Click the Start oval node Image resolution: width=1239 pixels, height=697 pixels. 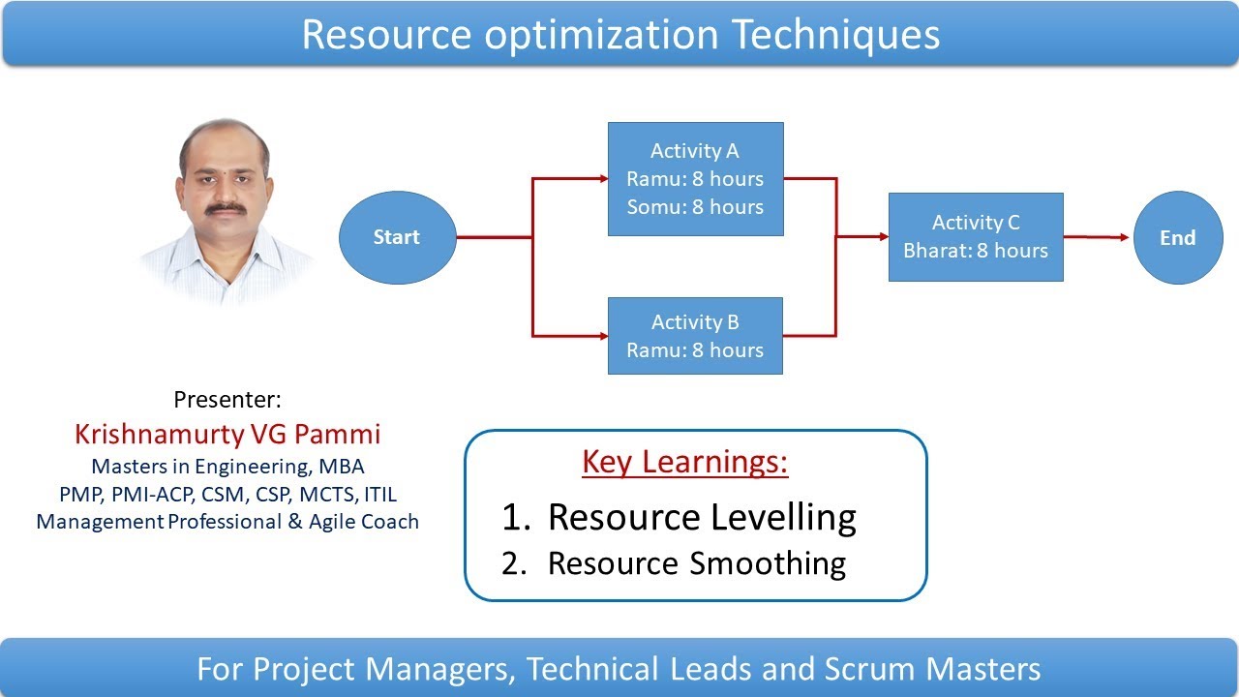click(x=397, y=237)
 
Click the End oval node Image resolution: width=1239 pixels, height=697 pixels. click(x=1177, y=237)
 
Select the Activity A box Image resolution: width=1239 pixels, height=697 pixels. click(x=695, y=179)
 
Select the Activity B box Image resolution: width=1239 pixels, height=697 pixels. click(x=695, y=336)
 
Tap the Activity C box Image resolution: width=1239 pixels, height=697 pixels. click(x=976, y=237)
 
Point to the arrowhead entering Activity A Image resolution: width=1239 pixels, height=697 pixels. click(x=601, y=179)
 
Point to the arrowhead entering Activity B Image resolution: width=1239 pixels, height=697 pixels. click(x=601, y=336)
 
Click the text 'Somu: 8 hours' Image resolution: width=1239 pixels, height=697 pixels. click(x=695, y=206)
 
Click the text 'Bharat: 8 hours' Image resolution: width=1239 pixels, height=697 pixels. click(x=976, y=250)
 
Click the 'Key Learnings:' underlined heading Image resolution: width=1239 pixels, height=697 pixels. click(x=685, y=462)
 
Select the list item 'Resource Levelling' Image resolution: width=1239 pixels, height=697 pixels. click(x=702, y=517)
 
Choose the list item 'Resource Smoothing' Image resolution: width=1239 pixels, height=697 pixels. click(x=697, y=562)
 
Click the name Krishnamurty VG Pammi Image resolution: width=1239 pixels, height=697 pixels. click(x=227, y=433)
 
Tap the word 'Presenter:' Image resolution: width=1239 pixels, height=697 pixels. click(x=227, y=399)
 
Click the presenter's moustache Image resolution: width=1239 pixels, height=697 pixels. click(x=227, y=206)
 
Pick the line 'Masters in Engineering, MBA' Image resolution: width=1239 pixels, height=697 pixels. click(x=227, y=467)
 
